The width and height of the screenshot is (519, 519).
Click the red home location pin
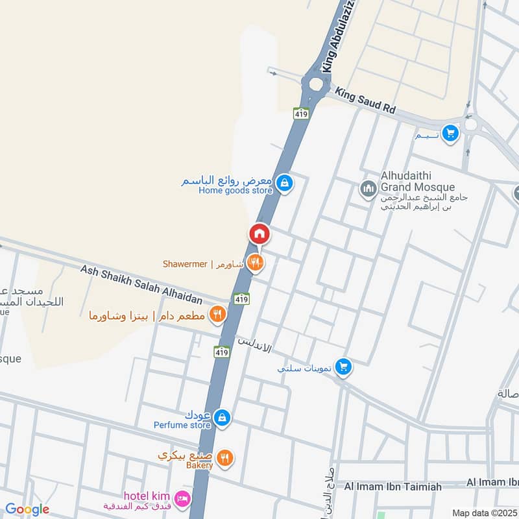tap(259, 234)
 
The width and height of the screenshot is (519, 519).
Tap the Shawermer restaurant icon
tap(256, 263)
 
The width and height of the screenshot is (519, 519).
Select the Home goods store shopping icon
tap(284, 184)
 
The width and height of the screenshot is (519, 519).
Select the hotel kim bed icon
tap(183, 498)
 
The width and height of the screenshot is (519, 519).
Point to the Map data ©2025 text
tap(484, 513)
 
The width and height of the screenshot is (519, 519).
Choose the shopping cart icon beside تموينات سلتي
tap(344, 367)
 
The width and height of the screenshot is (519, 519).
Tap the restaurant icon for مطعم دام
tap(217, 315)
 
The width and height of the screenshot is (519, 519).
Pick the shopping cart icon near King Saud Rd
tap(450, 134)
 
